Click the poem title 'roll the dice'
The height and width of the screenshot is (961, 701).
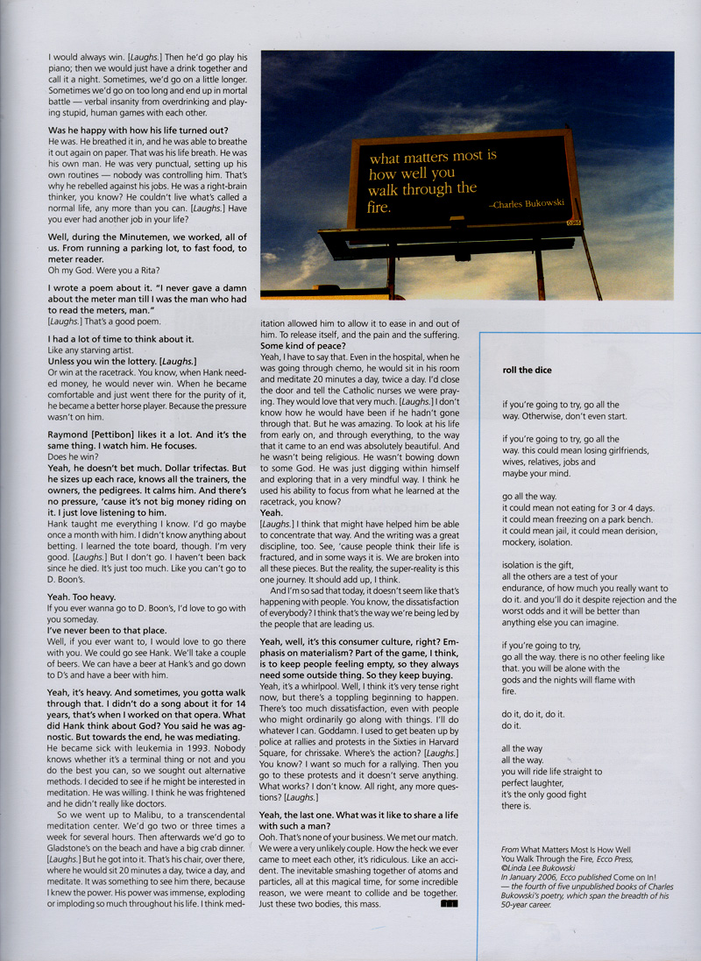tap(528, 371)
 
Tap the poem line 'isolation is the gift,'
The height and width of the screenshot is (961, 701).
tap(544, 565)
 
